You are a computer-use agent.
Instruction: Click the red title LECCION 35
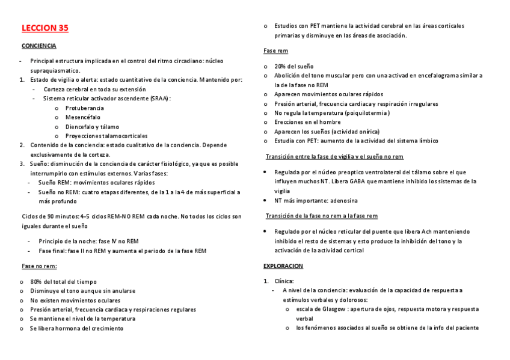[x=45, y=28]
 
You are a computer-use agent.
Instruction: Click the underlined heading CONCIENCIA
[x=39, y=46]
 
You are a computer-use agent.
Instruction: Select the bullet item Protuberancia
[x=85, y=108]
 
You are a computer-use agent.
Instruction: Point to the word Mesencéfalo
[x=83, y=117]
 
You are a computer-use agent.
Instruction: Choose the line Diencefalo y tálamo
[x=92, y=127]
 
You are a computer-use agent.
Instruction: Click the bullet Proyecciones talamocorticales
[x=106, y=136]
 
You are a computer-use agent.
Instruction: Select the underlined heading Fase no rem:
[x=39, y=265]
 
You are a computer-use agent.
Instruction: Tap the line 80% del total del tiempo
[x=63, y=281]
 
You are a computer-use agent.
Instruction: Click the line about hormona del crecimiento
[x=76, y=328]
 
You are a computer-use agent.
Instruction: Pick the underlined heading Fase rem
[x=275, y=51]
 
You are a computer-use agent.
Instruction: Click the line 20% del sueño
[x=294, y=66]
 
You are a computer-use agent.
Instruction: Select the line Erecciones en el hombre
[x=307, y=122]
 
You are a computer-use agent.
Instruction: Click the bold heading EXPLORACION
[x=283, y=266]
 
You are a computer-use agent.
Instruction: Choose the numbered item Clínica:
[x=284, y=281]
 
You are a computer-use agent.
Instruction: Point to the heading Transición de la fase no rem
[x=322, y=216]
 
